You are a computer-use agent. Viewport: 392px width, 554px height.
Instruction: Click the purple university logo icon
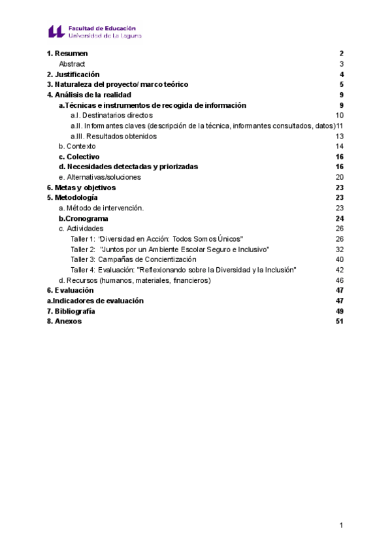click(56, 31)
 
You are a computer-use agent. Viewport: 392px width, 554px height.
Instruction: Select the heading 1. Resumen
click(67, 53)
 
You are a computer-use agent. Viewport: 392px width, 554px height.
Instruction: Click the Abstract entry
click(72, 63)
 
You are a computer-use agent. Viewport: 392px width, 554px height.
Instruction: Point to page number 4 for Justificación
click(342, 74)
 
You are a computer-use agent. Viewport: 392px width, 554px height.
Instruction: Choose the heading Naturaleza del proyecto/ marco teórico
click(118, 84)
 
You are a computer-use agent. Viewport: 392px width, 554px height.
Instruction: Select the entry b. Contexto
click(76, 146)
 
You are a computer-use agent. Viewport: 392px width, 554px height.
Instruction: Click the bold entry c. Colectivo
click(78, 157)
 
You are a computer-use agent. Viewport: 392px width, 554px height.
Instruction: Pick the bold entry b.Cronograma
click(83, 218)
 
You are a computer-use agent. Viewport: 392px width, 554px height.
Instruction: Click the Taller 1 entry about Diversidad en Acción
click(157, 239)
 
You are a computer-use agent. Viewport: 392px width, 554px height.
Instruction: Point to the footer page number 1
click(341, 525)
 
